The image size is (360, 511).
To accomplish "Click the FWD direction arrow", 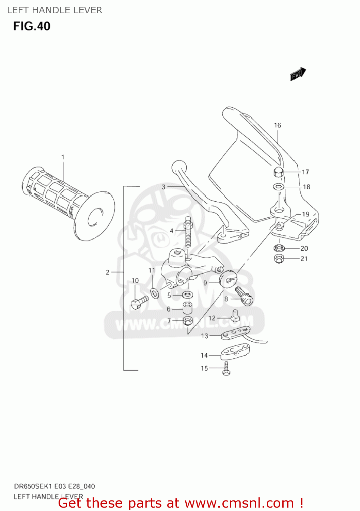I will tap(298, 74).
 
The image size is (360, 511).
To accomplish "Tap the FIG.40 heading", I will tap(32, 26).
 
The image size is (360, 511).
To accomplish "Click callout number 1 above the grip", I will tap(63, 157).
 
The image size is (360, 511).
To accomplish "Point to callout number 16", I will tap(277, 125).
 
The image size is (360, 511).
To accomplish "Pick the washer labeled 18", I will tap(279, 187).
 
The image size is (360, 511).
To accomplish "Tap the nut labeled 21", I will tap(279, 259).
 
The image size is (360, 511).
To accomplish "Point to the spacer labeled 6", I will tap(187, 308).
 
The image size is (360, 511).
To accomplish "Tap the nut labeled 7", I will tap(187, 321).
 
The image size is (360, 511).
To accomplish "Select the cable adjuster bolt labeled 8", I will tap(245, 296).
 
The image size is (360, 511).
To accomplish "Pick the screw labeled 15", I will tap(226, 369).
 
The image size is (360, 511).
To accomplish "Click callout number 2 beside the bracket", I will tap(108, 272).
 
